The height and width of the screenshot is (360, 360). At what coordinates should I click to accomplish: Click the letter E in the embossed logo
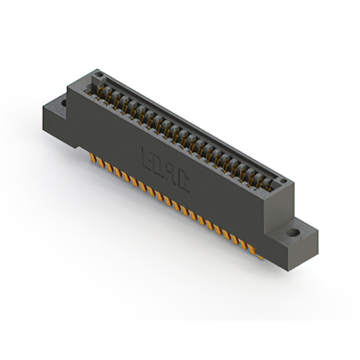pyautogui.click(x=148, y=158)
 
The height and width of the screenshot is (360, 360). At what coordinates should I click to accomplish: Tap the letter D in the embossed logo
pyautogui.click(x=159, y=165)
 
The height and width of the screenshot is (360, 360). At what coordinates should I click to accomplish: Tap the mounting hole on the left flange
pyautogui.click(x=63, y=103)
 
